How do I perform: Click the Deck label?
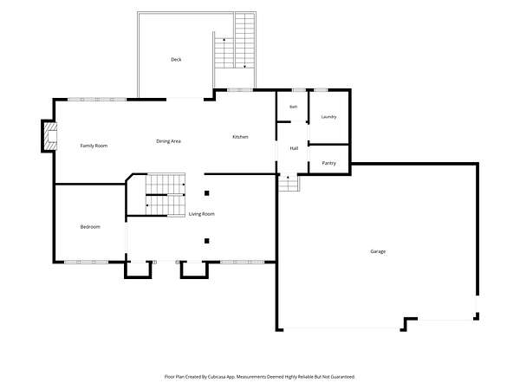click(x=176, y=60)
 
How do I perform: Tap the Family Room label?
click(x=94, y=146)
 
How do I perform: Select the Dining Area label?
click(x=168, y=141)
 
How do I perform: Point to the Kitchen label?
click(x=240, y=137)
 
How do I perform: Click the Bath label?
click(x=294, y=107)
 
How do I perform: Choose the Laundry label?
click(x=328, y=117)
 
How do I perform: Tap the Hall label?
click(x=294, y=148)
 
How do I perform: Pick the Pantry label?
click(x=328, y=163)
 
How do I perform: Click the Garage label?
click(x=378, y=251)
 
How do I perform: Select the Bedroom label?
click(x=90, y=227)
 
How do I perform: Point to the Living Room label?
click(x=202, y=214)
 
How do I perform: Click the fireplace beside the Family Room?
click(x=50, y=136)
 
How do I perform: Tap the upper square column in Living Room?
click(x=206, y=193)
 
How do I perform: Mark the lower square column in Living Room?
click(x=206, y=241)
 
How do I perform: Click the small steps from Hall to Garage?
click(x=289, y=184)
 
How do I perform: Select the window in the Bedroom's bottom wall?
click(x=86, y=262)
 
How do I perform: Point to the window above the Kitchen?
click(x=240, y=90)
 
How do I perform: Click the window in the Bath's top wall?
click(x=299, y=90)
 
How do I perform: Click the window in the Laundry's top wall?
click(x=321, y=90)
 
